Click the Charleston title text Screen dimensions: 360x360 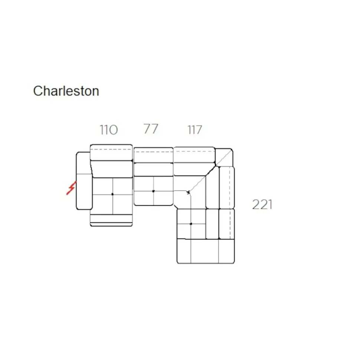pyautogui.click(x=66, y=91)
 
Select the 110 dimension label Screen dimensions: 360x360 pyautogui.click(x=108, y=130)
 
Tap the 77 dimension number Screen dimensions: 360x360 pyautogui.click(x=151, y=129)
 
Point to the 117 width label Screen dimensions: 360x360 pyautogui.click(x=194, y=130)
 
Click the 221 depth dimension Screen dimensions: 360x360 pyautogui.click(x=262, y=204)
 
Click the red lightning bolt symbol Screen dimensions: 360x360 pyautogui.click(x=70, y=188)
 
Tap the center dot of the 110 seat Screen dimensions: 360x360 pyautogui.click(x=112, y=194)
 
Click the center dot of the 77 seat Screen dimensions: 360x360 pyautogui.click(x=153, y=191)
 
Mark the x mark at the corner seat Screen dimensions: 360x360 pyautogui.click(x=189, y=192)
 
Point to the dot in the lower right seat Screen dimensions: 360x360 pyautogui.click(x=191, y=224)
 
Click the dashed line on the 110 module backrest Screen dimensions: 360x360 pyautogui.click(x=111, y=150)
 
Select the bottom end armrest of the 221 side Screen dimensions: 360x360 pyautogui.click(x=206, y=252)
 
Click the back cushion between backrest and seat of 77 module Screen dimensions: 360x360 pyautogui.click(x=153, y=169)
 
